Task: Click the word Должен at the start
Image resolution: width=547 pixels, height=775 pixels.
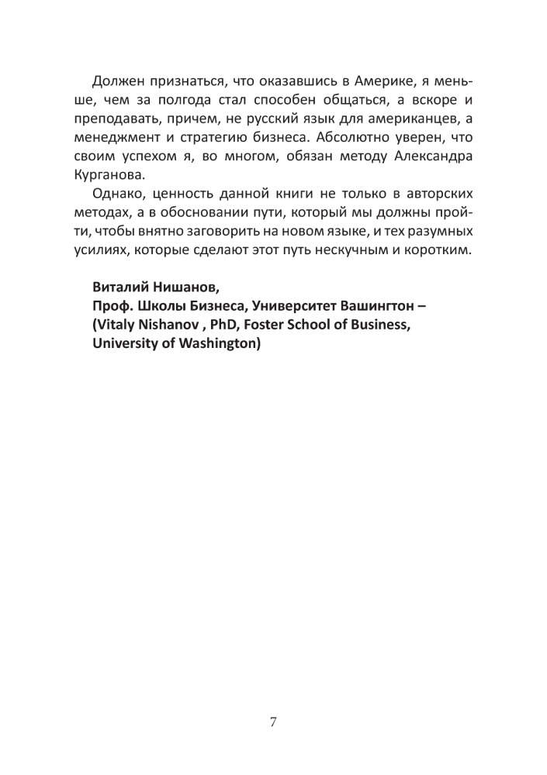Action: point(117,83)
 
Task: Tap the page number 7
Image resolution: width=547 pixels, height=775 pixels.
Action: point(273,723)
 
